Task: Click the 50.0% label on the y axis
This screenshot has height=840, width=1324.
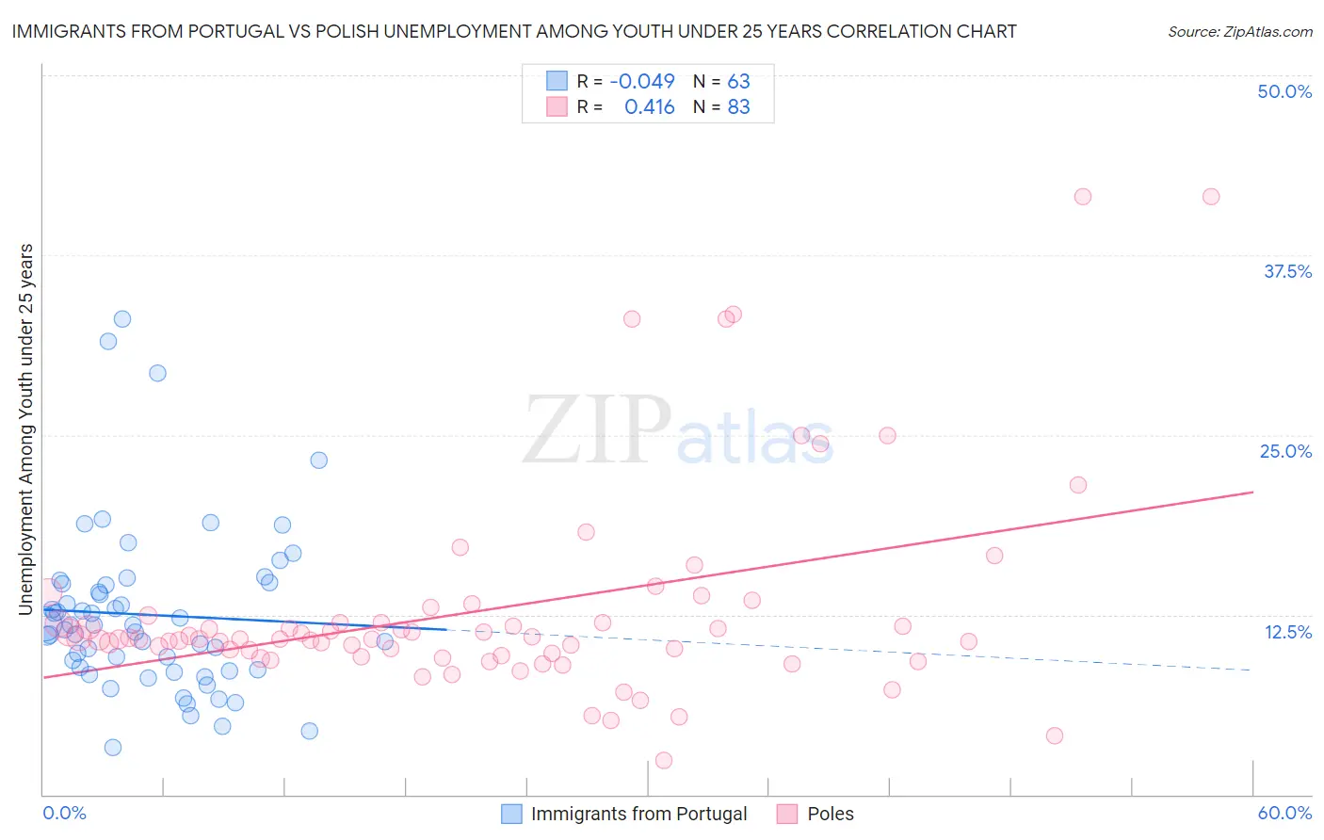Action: [x=1284, y=91]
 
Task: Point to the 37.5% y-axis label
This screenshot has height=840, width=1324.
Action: [x=1287, y=271]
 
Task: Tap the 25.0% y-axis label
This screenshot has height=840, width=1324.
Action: [x=1285, y=451]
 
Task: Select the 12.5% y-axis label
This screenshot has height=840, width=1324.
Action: [x=1287, y=632]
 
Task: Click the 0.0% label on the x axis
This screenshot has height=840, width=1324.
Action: [x=64, y=813]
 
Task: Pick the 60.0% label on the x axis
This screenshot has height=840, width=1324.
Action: [x=1284, y=813]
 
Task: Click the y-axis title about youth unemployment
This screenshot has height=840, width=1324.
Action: [x=26, y=429]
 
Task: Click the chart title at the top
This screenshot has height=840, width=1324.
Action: [x=514, y=31]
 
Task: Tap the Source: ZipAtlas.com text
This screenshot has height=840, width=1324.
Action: [x=1239, y=31]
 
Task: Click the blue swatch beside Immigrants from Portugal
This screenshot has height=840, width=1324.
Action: [x=511, y=814]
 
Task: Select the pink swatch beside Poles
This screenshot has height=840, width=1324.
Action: [x=787, y=814]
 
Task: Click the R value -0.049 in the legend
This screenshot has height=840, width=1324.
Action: [x=642, y=81]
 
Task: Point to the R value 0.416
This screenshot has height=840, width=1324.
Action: [x=650, y=106]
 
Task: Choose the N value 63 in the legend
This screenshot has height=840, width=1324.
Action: [x=738, y=81]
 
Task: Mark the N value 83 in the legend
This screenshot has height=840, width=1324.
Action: [x=738, y=106]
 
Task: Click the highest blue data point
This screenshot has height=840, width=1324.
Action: [x=122, y=319]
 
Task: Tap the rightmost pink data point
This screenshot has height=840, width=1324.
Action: [x=1211, y=197]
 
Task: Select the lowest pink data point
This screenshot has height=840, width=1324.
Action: [x=664, y=760]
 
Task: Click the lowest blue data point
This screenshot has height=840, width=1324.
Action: [x=113, y=748]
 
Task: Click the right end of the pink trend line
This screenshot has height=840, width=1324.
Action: [x=1252, y=492]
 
